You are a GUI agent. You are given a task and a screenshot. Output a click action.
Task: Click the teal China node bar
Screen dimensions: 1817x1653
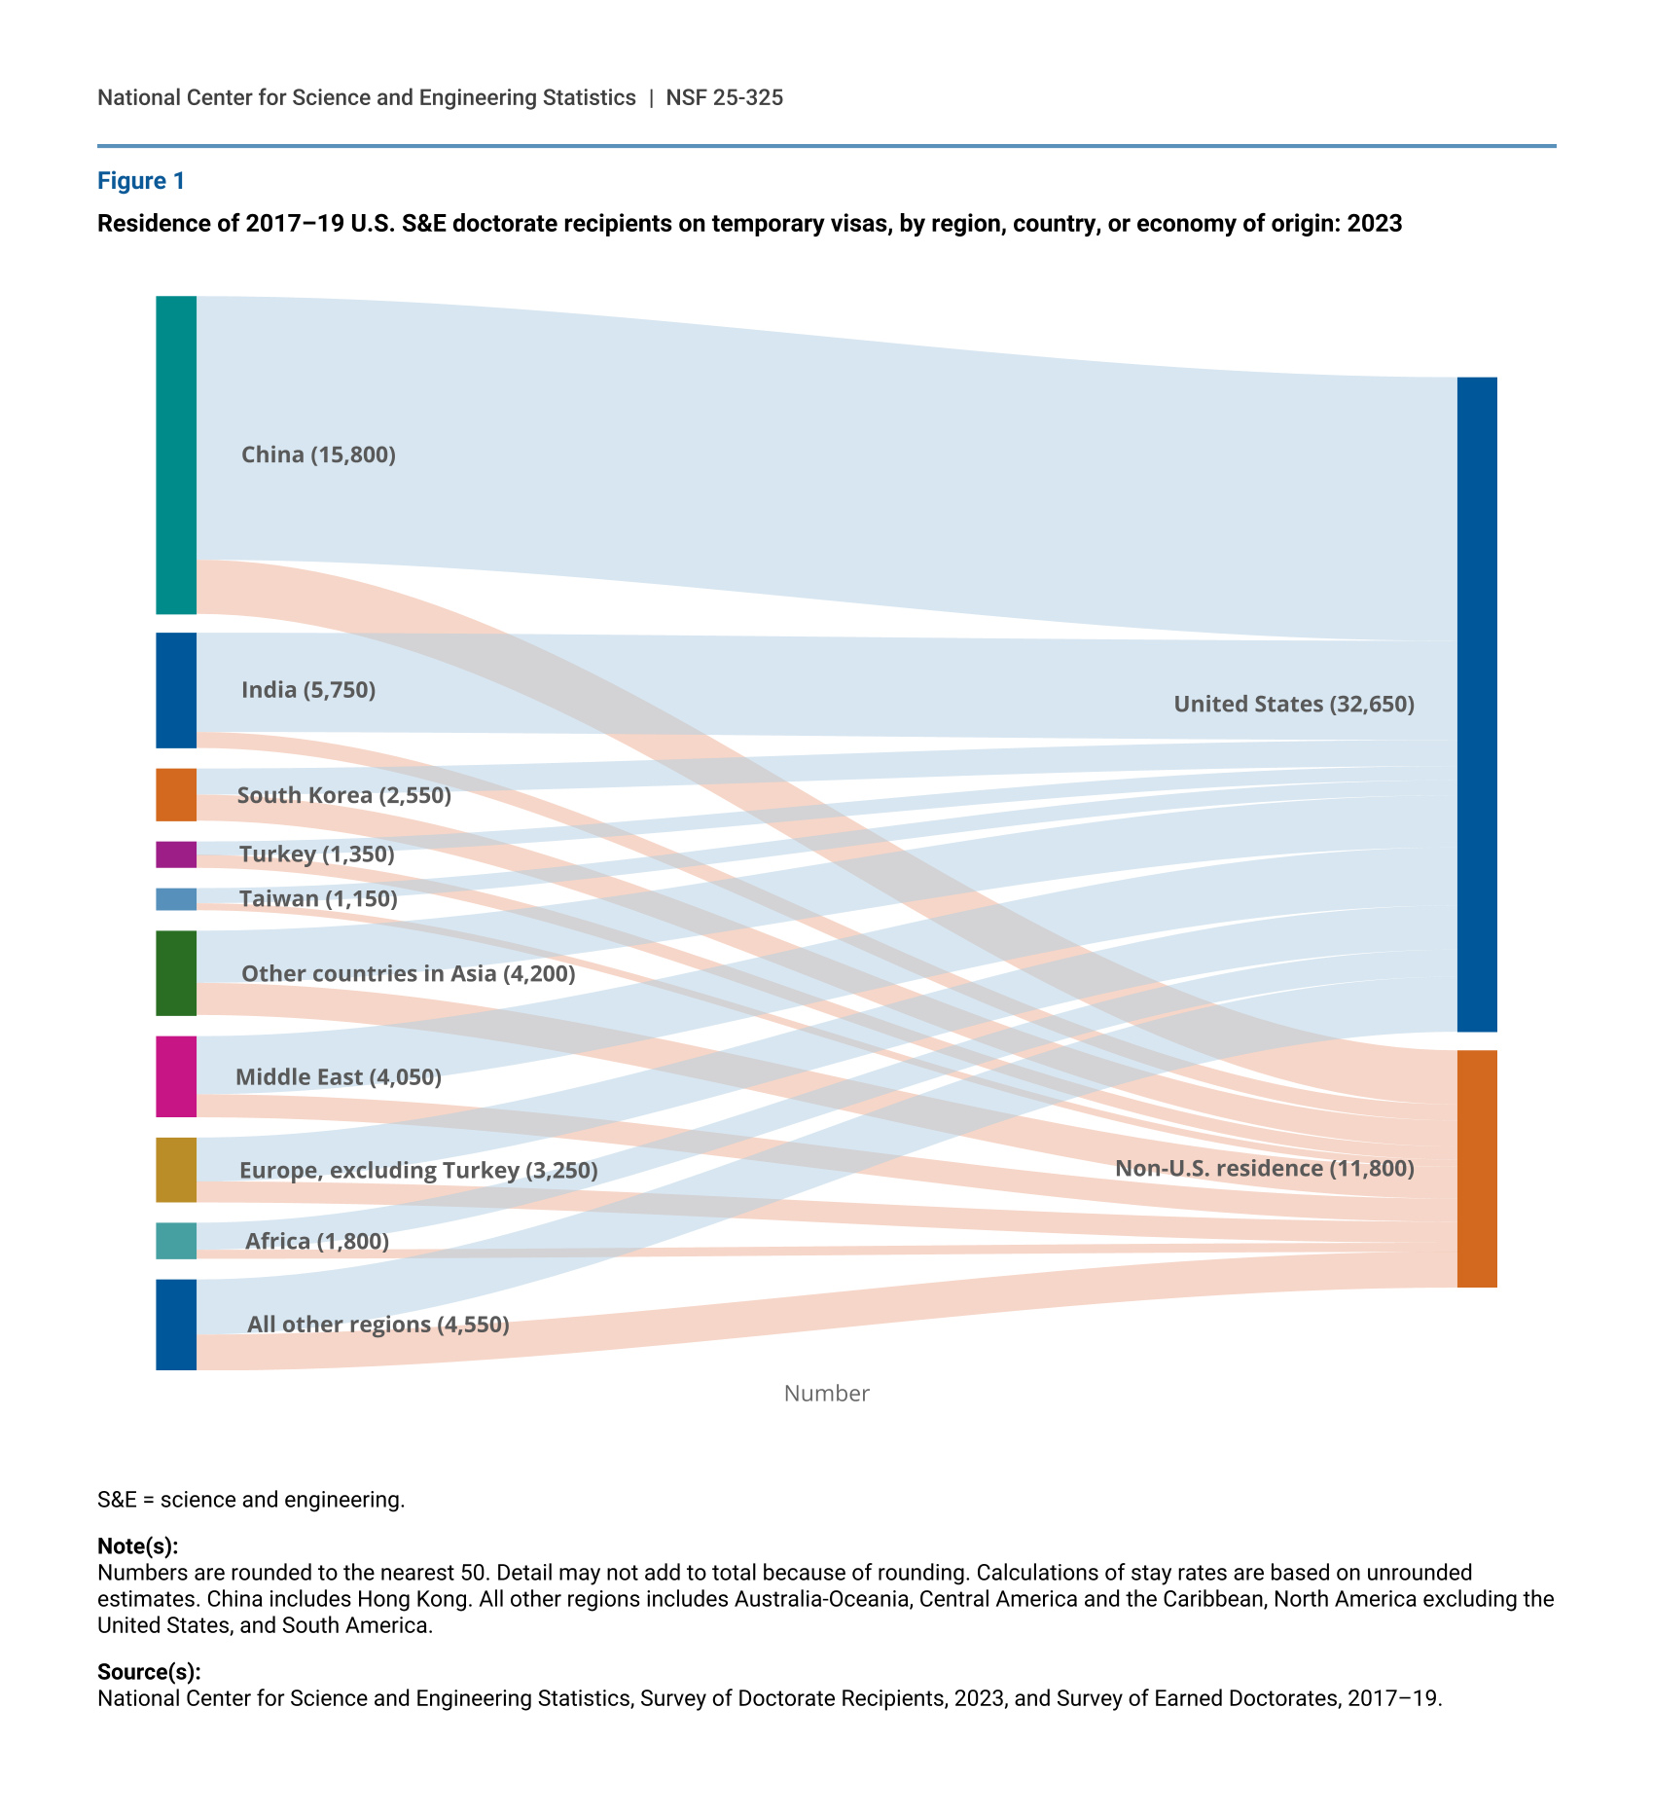(x=176, y=454)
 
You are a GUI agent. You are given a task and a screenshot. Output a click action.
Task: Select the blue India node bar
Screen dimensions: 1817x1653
(x=176, y=690)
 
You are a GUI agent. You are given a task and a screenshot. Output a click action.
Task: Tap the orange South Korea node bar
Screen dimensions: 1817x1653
(x=176, y=794)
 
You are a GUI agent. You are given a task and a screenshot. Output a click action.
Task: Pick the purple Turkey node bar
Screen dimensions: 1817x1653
(x=176, y=854)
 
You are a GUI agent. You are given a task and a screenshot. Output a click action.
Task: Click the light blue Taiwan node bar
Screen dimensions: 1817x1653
(x=176, y=898)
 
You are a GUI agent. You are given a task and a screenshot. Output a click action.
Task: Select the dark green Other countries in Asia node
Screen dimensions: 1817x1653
(x=176, y=972)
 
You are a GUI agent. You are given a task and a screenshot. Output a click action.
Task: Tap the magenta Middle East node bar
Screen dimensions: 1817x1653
(x=176, y=1075)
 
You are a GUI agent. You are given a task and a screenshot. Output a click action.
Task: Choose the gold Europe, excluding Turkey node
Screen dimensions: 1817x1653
(x=176, y=1169)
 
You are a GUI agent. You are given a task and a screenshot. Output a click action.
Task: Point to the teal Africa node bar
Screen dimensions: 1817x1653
(x=176, y=1240)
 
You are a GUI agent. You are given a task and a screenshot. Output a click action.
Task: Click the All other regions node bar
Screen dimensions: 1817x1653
(x=176, y=1324)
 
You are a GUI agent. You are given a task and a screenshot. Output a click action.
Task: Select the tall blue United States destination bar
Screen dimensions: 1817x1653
(x=1476, y=704)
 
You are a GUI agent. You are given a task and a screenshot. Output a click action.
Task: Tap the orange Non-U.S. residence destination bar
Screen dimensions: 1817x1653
(x=1476, y=1168)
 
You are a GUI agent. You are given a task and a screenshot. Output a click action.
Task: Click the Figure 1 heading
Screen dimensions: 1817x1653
(x=141, y=181)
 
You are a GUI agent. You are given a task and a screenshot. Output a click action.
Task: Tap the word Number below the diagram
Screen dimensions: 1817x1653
(x=826, y=1393)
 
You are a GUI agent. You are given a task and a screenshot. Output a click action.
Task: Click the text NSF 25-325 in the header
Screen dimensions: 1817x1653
(x=724, y=97)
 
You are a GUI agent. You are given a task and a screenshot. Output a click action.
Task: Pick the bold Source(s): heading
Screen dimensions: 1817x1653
(x=149, y=1671)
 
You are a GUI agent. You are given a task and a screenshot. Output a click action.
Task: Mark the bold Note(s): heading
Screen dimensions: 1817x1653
(x=138, y=1546)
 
